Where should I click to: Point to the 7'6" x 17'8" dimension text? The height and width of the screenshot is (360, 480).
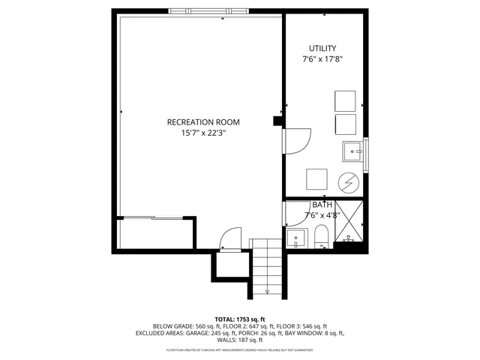point(322,59)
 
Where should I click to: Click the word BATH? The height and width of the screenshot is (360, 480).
point(322,205)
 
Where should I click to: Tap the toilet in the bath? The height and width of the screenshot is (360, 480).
point(321,237)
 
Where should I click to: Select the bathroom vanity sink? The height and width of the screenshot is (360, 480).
point(296,239)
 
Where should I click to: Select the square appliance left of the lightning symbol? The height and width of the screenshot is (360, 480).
point(316,179)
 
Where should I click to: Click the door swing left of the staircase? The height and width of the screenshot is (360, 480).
point(229,238)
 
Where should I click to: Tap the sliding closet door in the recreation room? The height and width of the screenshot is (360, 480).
point(154,218)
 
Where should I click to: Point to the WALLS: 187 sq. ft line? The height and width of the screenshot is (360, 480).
point(240,340)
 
